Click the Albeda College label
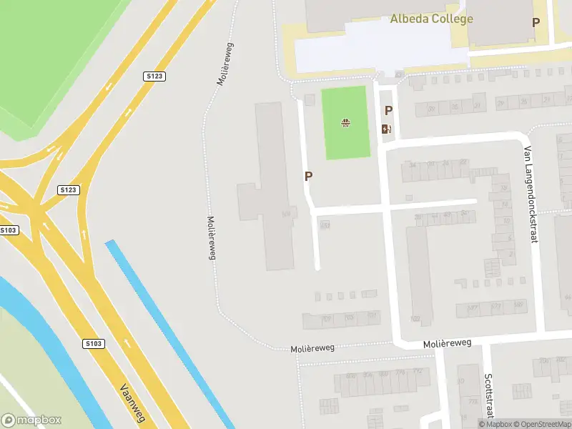tap(431, 19)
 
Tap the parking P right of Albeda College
tap(536, 22)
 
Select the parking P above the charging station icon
tap(388, 110)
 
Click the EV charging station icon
tap(386, 129)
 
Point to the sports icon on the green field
tap(346, 123)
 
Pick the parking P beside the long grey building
tap(308, 176)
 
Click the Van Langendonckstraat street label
tap(530, 194)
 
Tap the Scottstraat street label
tap(489, 397)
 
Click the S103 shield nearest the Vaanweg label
tap(94, 343)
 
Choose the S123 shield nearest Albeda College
tap(154, 76)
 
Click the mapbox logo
tap(31, 420)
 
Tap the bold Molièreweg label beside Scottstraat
tap(448, 344)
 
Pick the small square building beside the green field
tap(310, 99)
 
